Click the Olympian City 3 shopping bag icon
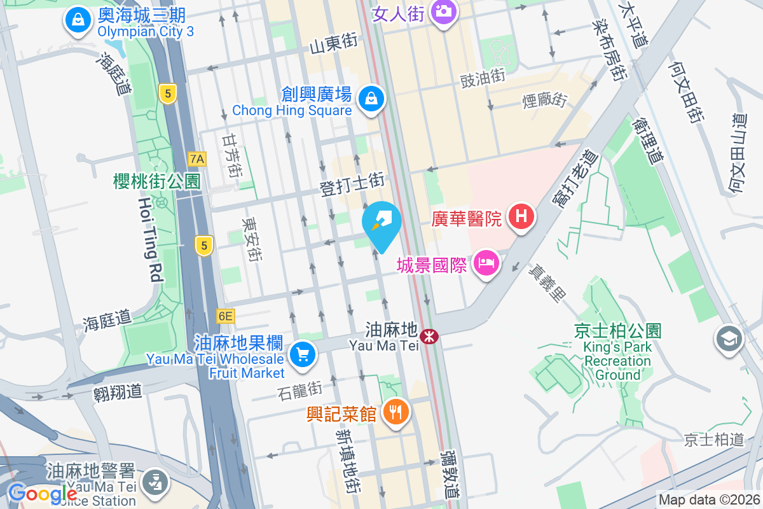78,20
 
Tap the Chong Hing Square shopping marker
370,99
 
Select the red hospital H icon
521,218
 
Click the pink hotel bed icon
486,263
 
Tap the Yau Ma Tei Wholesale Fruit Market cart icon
302,354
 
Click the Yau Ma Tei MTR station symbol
430,335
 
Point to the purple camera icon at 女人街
443,11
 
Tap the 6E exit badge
226,316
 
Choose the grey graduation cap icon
729,338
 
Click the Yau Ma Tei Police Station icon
153,481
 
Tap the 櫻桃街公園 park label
157,182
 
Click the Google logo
42,493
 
